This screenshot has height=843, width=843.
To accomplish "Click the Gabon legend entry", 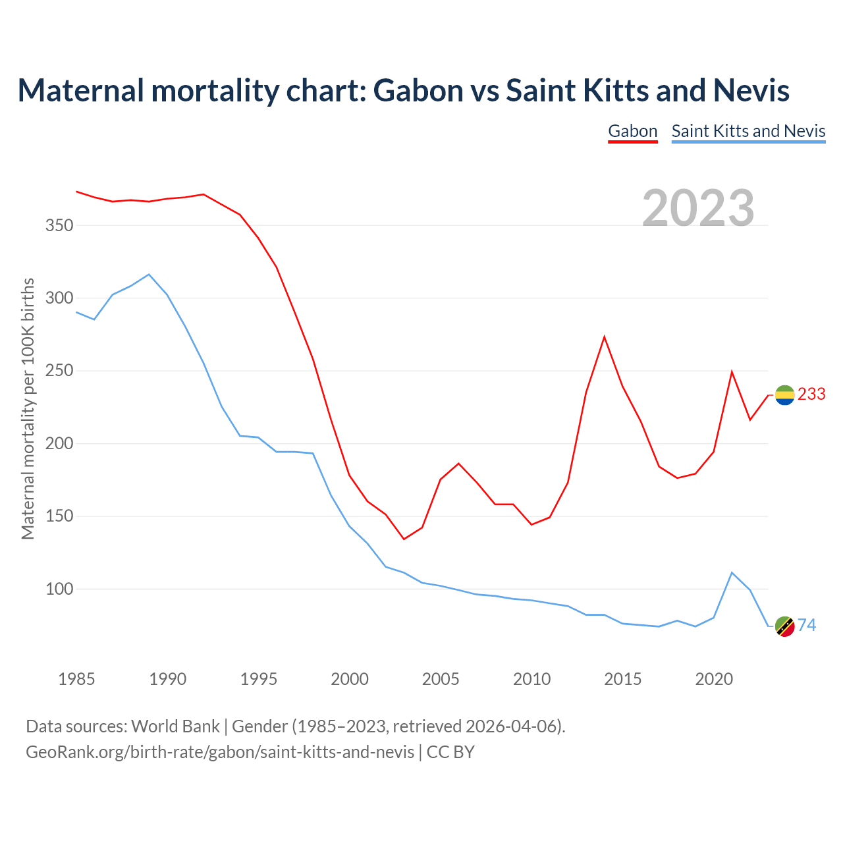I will click(x=632, y=131).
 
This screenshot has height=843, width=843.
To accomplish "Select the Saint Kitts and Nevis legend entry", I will click(x=748, y=131).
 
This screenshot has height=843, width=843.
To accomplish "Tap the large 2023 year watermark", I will click(x=698, y=207).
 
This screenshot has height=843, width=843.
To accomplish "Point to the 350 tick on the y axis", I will click(x=59, y=226).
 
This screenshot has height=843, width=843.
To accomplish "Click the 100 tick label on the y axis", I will click(x=59, y=589).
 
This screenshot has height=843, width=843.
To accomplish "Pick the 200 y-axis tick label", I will click(x=59, y=444).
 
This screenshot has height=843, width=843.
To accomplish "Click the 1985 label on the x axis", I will click(x=76, y=679).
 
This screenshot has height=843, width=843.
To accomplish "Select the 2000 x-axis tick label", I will click(x=350, y=679).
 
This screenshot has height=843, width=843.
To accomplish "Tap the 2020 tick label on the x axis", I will click(x=714, y=679).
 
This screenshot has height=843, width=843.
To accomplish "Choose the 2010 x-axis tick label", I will click(x=531, y=679).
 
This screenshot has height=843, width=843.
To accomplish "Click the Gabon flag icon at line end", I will click(x=784, y=394).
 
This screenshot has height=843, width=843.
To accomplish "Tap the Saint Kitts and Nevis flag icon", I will click(x=784, y=626).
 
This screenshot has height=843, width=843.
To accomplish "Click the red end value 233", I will click(x=811, y=394).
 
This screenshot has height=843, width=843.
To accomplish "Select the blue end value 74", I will click(x=807, y=625).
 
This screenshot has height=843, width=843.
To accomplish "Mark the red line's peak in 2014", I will click(x=604, y=337).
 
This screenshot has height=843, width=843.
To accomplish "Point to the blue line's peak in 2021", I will click(x=732, y=572).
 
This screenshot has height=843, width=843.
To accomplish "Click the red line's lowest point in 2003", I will click(x=404, y=539).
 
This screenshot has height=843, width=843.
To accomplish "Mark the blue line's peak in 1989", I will click(x=149, y=274).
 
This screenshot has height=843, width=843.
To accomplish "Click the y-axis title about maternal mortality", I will click(x=28, y=408).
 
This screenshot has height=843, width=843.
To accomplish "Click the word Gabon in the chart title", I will click(x=418, y=90).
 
